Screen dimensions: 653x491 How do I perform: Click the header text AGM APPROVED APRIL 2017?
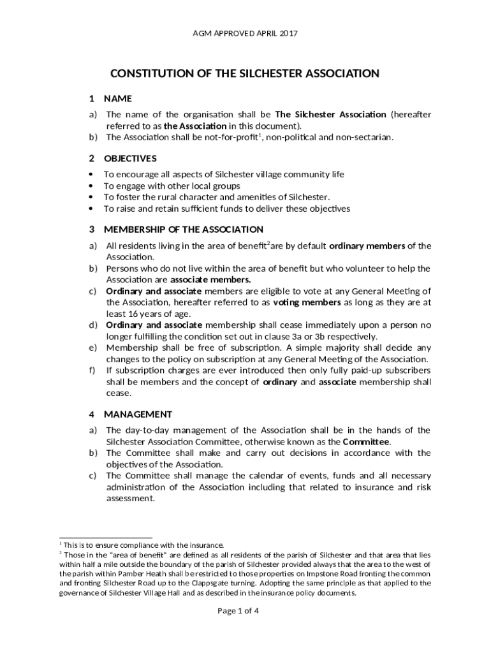[x=246, y=33]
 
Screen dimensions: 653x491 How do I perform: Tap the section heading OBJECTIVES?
[x=130, y=158]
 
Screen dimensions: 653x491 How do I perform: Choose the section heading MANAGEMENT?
[x=138, y=414]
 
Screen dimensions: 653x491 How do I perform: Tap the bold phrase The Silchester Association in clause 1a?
[x=330, y=115]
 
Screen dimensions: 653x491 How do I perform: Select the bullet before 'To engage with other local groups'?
[x=92, y=186]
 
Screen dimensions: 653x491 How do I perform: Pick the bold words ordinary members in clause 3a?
[x=367, y=246]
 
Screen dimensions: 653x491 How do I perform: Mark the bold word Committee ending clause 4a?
[x=366, y=441]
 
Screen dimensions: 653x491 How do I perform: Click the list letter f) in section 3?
[x=93, y=371]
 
